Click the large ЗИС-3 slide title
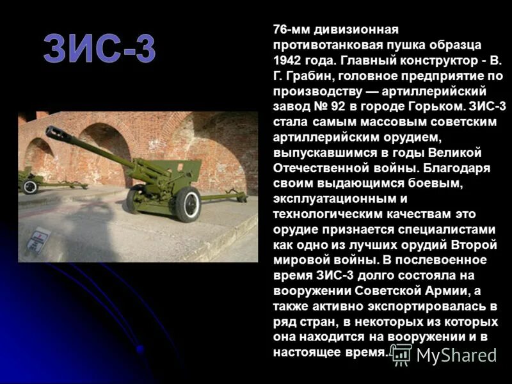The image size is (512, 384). click(x=100, y=49)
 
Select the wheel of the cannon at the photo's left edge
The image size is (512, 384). click(x=29, y=186)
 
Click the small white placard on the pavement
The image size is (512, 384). click(x=40, y=237)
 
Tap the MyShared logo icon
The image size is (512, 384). click(x=401, y=354)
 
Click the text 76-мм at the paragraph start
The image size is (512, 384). click(x=291, y=30)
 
